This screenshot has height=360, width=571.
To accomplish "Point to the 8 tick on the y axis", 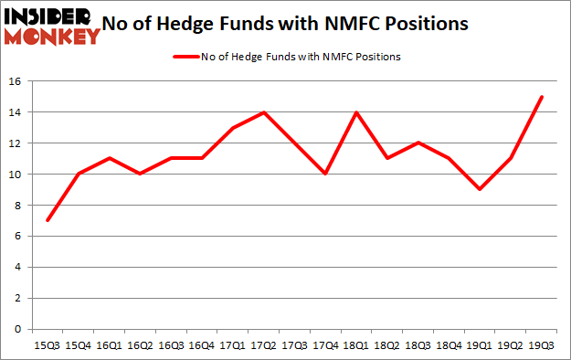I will [17, 205].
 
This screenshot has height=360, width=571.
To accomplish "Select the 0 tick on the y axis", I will [17, 329].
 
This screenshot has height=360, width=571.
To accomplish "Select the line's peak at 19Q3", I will [542, 97].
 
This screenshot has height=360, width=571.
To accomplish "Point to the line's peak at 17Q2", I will [265, 112].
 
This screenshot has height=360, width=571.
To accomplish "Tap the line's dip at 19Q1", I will [480, 189].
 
